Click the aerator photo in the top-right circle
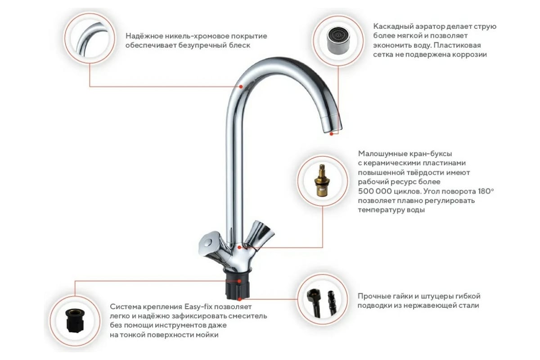click(x=338, y=40)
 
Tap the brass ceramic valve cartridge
click(x=322, y=180)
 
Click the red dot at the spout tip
click(x=332, y=134)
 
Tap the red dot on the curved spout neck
click(x=241, y=86)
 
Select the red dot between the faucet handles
click(x=239, y=247)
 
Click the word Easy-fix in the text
click(x=198, y=307)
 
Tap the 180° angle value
click(x=486, y=191)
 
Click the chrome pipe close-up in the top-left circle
click(x=90, y=39)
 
